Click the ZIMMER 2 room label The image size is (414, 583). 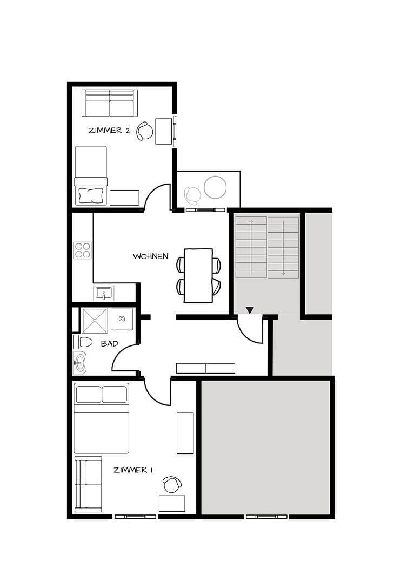coord(109,130)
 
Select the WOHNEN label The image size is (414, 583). coord(151,256)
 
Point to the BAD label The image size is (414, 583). coord(110,343)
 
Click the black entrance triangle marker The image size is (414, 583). coord(250,310)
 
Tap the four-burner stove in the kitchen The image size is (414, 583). coord(83,250)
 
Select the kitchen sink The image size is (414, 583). coord(104,293)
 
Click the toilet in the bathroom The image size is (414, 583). coord(83,342)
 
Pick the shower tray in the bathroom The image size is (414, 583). coord(95,321)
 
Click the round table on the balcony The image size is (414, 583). coord(215,187)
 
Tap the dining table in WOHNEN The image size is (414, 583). coord(198,275)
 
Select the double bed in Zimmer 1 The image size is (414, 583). coord(101,418)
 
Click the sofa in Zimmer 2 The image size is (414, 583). coord(110,103)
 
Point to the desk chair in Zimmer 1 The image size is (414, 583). coord(172,484)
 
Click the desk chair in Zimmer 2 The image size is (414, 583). coord(144,131)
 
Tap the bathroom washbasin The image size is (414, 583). coord(80,363)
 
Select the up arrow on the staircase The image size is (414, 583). coord(251,222)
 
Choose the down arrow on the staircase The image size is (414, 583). coord(283,272)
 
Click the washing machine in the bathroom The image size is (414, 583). coord(122,319)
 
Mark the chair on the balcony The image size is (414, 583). coord(192,194)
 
